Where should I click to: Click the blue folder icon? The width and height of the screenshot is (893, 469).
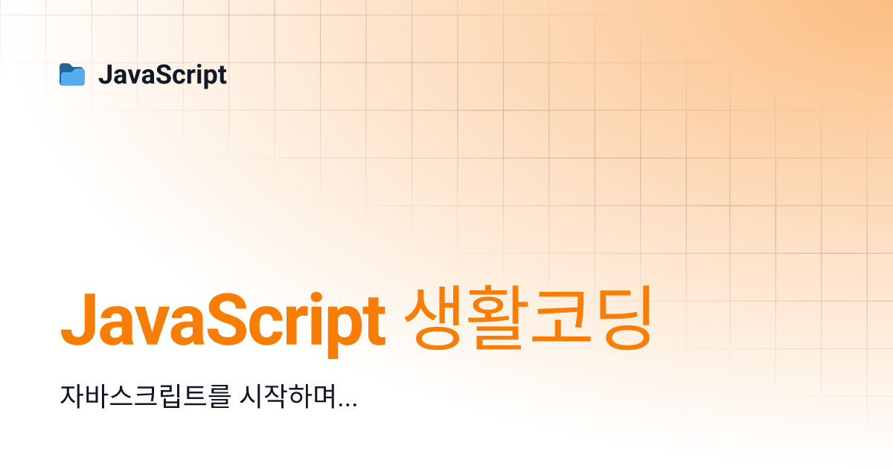[72, 74]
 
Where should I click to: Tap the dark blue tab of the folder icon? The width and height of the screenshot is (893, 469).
[67, 66]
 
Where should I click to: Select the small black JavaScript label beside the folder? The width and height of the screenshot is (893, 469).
[163, 75]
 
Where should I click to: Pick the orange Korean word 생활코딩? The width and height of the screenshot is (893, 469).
[528, 318]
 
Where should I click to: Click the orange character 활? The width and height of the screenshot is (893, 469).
[495, 318]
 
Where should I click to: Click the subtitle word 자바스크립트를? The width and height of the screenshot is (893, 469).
[146, 396]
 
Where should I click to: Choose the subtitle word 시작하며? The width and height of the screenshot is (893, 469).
[288, 396]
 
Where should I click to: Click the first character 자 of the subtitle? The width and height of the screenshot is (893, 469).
[71, 396]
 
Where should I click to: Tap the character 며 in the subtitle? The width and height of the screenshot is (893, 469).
[324, 396]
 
